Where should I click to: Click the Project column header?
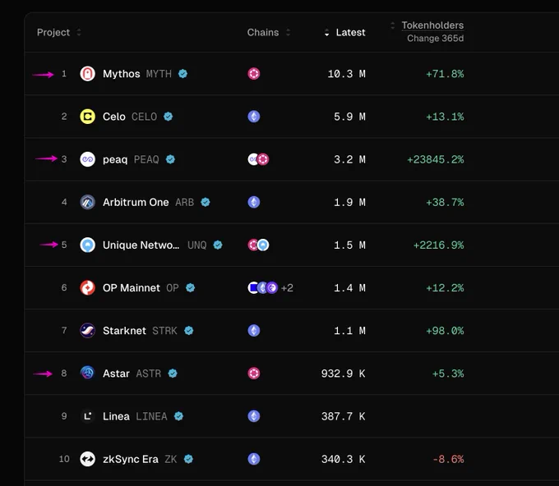tap(53, 32)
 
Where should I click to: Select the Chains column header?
tap(263, 32)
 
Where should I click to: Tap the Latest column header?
tap(350, 32)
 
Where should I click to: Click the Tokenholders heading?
tap(432, 25)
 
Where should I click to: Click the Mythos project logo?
tap(87, 74)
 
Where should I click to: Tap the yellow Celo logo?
tap(87, 117)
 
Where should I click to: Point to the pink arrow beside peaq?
tap(46, 158)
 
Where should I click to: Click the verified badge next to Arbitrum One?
tap(206, 202)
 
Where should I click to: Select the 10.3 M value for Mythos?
tap(347, 74)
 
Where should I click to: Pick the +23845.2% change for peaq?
tap(436, 159)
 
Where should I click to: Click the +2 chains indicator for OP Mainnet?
tap(287, 287)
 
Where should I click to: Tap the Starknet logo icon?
tap(87, 330)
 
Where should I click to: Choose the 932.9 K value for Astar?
tap(344, 374)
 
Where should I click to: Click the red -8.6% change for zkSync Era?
tap(448, 459)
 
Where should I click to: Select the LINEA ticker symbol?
tap(151, 416)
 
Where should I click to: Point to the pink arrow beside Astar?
tap(43, 374)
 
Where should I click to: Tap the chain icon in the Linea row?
tap(254, 416)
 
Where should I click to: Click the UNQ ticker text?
tap(197, 245)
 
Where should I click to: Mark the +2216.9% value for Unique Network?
tap(438, 245)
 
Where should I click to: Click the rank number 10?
tap(64, 459)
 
